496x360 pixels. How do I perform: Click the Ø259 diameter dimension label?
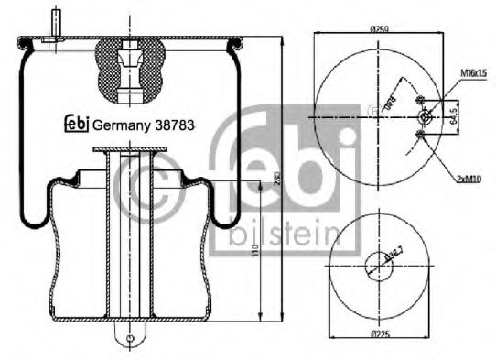(380, 30)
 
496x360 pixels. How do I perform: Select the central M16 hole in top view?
(423, 117)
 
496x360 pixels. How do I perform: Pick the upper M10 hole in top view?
(418, 99)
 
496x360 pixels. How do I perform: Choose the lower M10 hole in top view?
(418, 136)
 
